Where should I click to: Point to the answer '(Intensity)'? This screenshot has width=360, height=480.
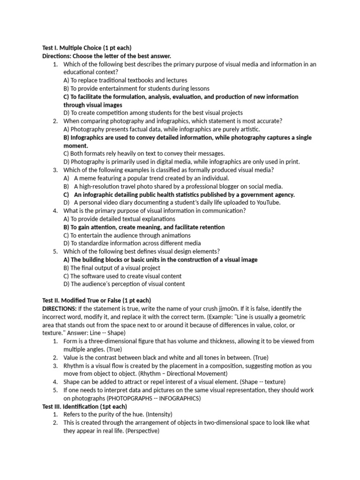pyautogui.click(x=157, y=414)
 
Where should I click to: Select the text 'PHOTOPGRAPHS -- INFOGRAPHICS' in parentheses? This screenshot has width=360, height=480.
pyautogui.click(x=158, y=398)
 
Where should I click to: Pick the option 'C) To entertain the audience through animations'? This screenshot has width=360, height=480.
pyautogui.click(x=127, y=235)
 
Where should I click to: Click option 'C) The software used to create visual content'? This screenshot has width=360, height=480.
pyautogui.click(x=122, y=276)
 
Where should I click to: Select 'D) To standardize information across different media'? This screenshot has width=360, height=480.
pyautogui.click(x=132, y=243)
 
